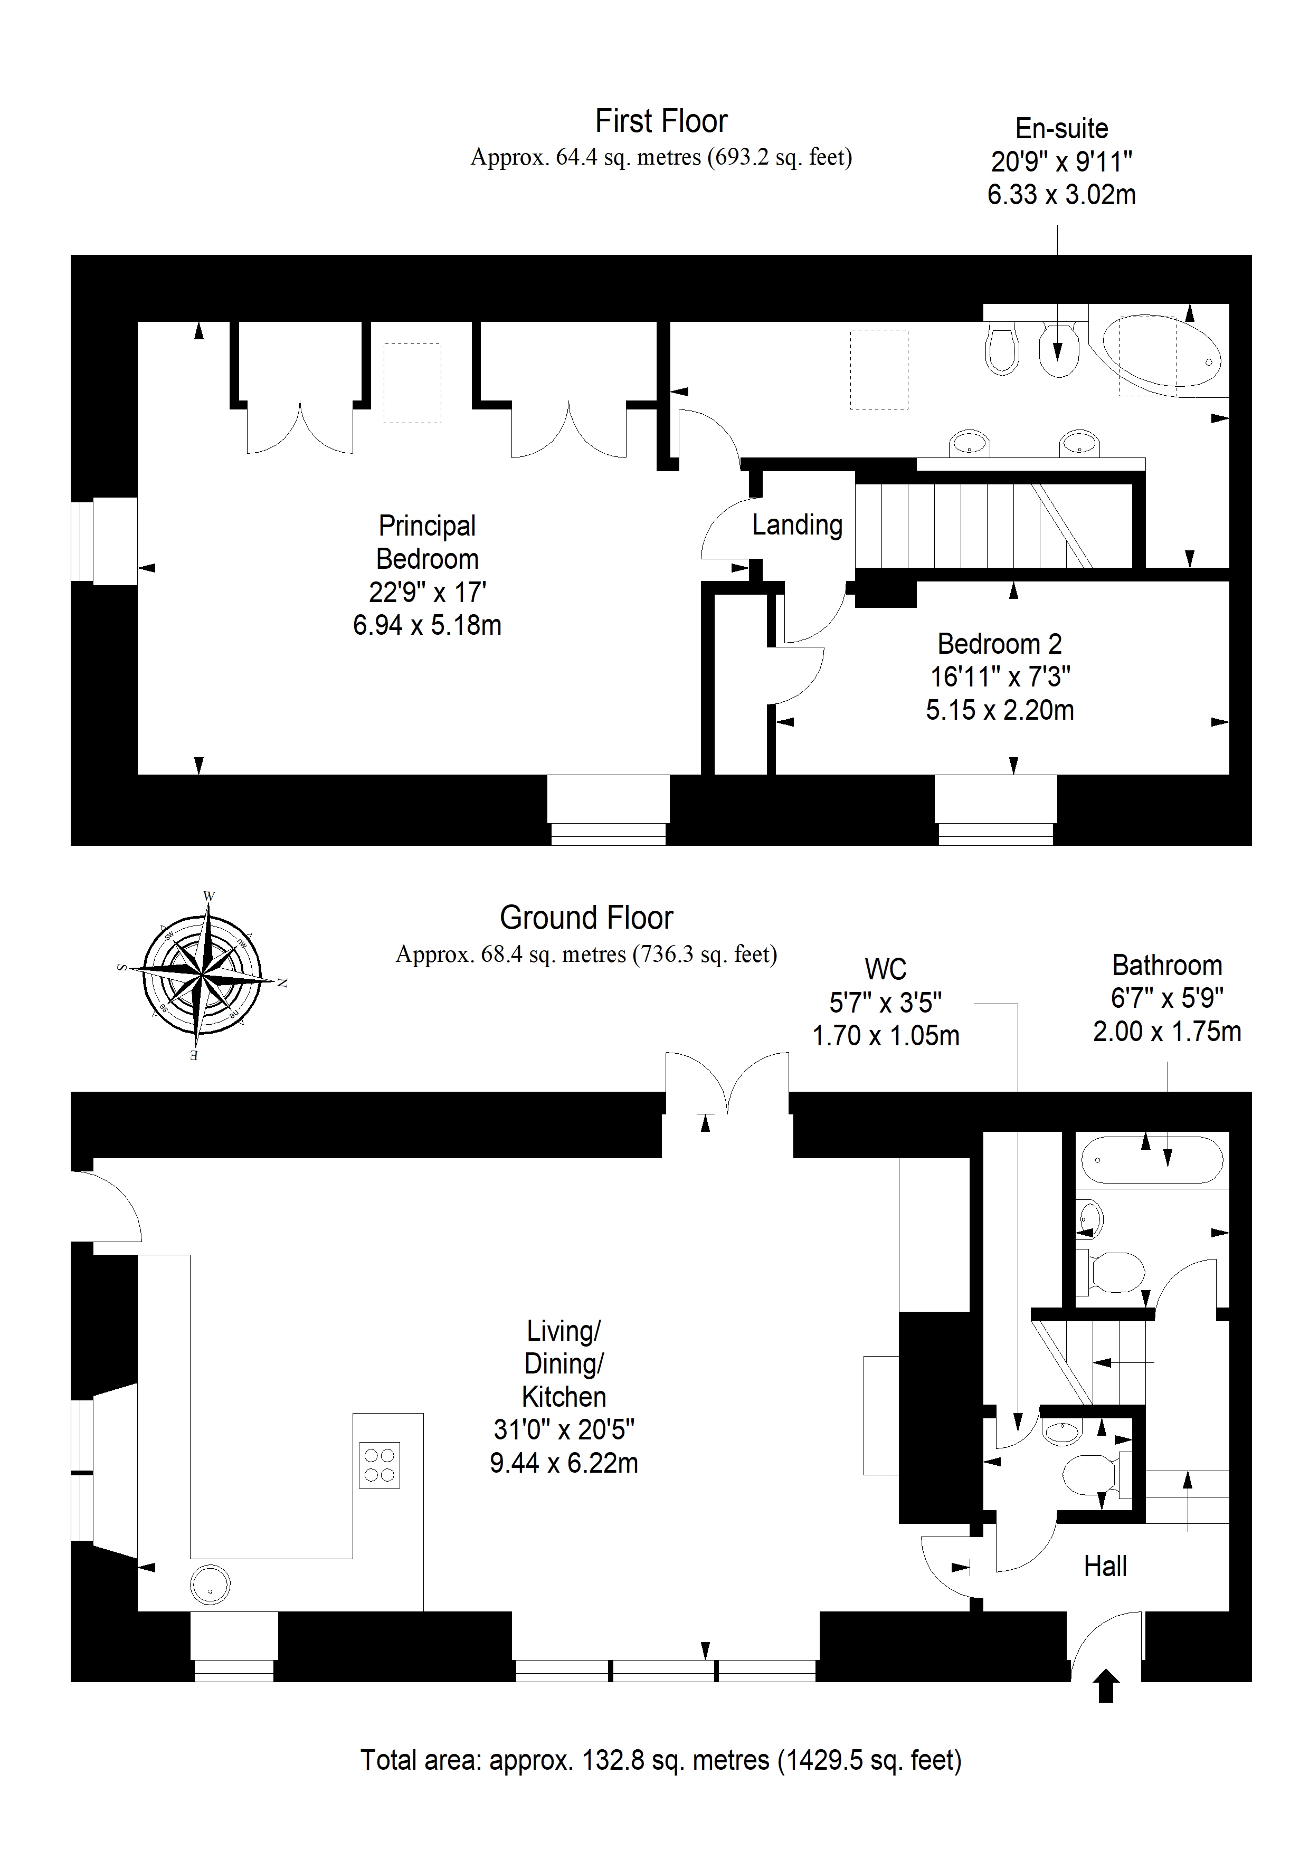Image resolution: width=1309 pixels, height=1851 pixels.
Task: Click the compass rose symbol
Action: click(202, 976)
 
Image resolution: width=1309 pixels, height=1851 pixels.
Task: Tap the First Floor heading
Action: click(661, 121)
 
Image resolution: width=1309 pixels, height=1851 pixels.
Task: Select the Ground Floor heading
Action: click(586, 918)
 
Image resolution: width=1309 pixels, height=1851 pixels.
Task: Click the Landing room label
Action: click(797, 525)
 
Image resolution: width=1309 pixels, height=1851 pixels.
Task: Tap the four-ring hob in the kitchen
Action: click(379, 1465)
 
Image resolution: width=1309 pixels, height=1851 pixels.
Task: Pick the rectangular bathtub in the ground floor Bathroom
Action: click(1152, 1160)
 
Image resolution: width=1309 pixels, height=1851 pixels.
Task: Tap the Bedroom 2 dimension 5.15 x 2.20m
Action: click(1000, 710)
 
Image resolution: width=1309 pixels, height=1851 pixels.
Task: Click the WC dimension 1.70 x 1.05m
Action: click(886, 1035)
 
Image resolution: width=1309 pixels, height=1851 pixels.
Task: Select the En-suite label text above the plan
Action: click(1061, 128)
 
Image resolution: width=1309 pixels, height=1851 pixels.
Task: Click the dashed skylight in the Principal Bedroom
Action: click(412, 383)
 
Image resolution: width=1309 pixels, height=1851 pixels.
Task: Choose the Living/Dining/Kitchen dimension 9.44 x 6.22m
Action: click(564, 1463)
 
